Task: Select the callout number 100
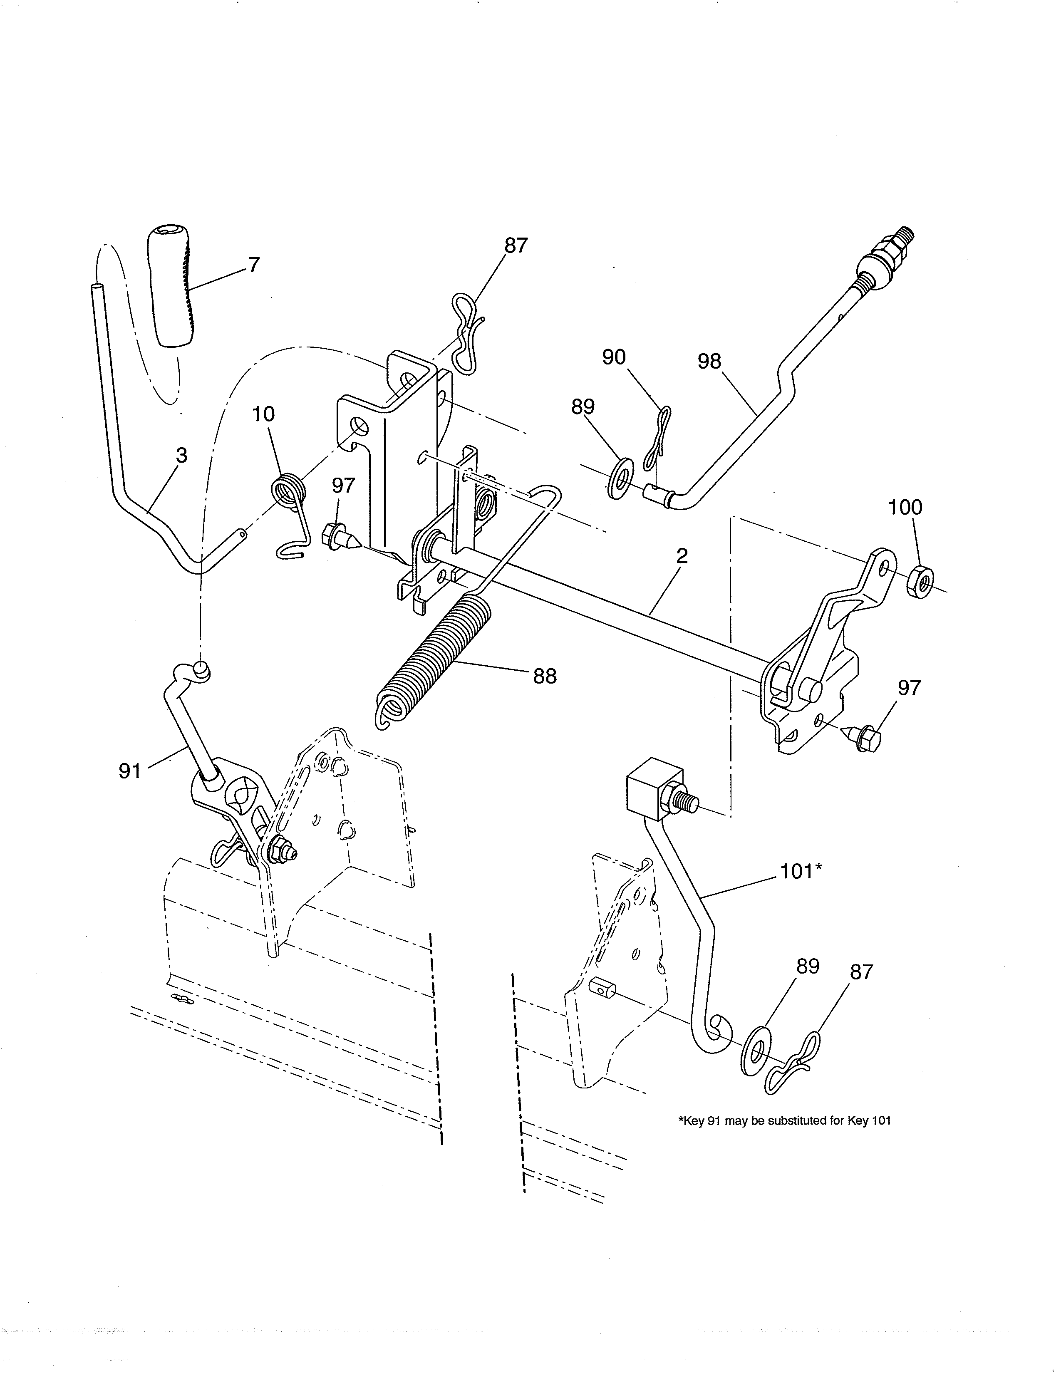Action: pos(905,507)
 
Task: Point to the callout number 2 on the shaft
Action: pos(682,556)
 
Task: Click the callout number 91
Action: pos(129,771)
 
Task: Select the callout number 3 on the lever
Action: pos(181,456)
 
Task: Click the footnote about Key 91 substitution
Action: pos(784,1120)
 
